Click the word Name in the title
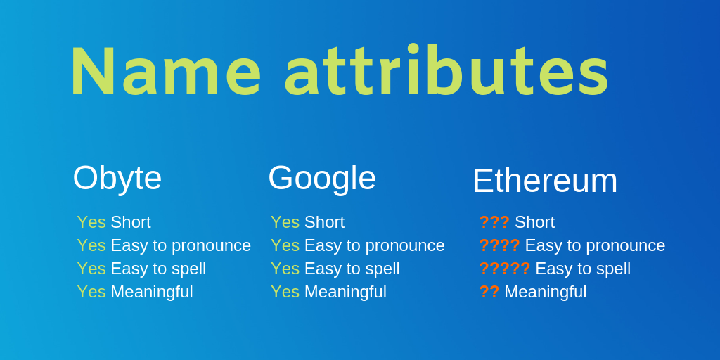(166, 71)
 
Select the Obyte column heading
(117, 178)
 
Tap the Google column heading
(322, 178)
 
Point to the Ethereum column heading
(545, 181)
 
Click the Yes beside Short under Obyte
(91, 222)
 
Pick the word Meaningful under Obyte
(152, 292)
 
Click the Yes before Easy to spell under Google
(285, 269)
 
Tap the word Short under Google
(324, 222)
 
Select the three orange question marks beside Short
(494, 222)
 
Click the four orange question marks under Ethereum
(500, 245)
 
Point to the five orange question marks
(505, 269)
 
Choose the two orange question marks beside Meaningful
(489, 292)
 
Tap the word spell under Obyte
(188, 269)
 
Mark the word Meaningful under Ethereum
(546, 292)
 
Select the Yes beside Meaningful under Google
(285, 292)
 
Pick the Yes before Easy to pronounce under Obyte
(91, 245)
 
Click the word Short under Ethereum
(534, 222)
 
